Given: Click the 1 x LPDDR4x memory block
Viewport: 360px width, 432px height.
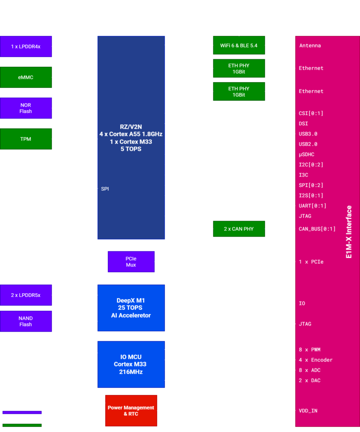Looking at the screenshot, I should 26,46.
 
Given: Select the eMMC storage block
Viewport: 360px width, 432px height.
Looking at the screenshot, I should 26,77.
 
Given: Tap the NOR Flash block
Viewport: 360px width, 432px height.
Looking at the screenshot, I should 26,108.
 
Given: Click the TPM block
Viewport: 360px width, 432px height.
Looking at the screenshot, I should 26,139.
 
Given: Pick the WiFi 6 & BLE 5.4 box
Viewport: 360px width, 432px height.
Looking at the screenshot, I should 239,45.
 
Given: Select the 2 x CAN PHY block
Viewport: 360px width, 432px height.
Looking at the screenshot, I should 239,229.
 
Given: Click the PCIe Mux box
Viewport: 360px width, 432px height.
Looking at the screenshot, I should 131,262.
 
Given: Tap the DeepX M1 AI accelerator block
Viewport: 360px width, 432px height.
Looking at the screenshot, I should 131,308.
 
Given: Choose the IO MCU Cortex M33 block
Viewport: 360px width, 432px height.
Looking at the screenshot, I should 131,364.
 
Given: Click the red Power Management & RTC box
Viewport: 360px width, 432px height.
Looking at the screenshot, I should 131,410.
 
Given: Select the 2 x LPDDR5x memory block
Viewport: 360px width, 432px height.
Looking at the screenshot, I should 26,295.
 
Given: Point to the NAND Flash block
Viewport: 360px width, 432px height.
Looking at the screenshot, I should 26,321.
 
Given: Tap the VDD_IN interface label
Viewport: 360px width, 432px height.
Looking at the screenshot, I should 308,410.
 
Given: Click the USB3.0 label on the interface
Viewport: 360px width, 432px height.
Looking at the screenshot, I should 308,134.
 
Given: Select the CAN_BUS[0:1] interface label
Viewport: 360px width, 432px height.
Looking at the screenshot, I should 317,229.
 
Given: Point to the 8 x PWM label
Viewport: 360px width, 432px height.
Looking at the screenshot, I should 309,350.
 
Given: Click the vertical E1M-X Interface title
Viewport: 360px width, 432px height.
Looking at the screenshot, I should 349,232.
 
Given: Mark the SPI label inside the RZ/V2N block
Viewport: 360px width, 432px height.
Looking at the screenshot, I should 105,189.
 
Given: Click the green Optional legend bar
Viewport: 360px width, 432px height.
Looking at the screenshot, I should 21,426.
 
